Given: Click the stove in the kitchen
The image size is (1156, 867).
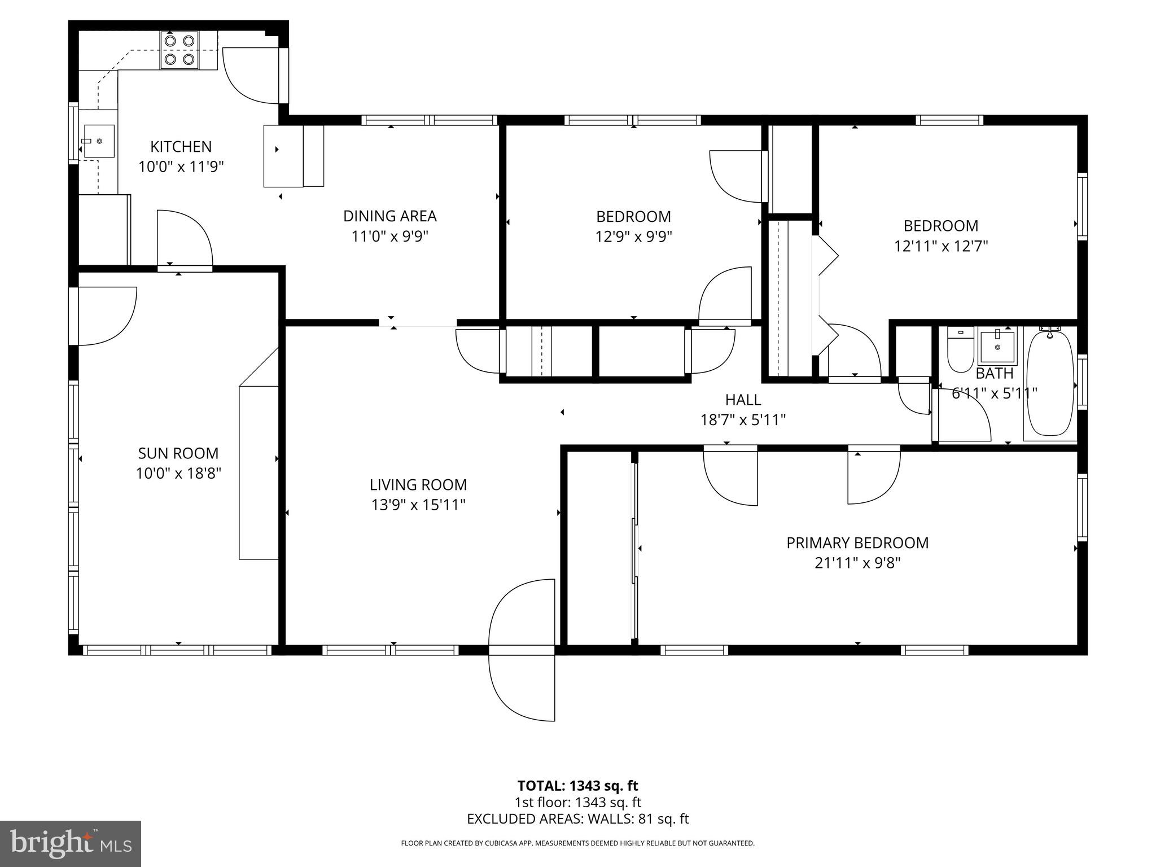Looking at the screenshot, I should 179,50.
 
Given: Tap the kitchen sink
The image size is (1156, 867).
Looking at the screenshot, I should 99,141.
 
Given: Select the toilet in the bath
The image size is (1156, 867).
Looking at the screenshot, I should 960,349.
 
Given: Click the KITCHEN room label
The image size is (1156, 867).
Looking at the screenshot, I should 181,147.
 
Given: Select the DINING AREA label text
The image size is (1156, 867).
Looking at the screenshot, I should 389,216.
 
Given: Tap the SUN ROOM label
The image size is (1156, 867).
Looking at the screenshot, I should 178,453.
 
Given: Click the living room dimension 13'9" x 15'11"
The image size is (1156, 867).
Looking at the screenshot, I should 418,505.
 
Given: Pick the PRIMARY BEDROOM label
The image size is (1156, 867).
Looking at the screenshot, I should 857,543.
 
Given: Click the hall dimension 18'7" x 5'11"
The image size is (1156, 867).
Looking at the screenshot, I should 743,420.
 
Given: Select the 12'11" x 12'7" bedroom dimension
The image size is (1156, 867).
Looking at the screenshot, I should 940,246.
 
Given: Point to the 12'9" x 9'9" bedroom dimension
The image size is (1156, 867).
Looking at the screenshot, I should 633,237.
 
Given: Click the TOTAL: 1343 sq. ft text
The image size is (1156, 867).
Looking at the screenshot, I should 577,786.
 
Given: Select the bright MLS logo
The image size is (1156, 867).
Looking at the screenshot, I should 71,844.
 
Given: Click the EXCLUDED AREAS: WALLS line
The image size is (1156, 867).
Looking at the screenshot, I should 577,819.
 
